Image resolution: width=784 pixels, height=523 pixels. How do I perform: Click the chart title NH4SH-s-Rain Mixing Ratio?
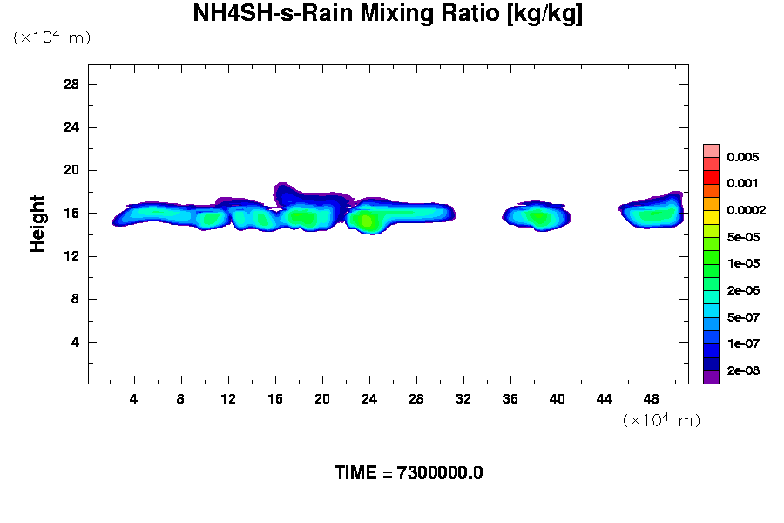pos(388,14)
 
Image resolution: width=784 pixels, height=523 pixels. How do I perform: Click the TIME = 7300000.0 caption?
pos(409,473)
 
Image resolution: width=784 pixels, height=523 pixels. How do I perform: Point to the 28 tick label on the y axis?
pos(71,85)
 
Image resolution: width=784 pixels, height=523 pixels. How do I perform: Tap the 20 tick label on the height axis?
pos(71,170)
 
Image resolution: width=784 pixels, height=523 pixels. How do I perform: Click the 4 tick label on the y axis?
pos(75,342)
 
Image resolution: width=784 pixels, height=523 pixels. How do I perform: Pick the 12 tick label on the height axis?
pos(71,256)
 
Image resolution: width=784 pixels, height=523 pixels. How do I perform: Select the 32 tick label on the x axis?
pos(463,399)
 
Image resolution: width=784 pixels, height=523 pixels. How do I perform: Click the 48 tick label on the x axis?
pos(652,399)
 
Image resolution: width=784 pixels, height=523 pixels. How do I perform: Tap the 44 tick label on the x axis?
pos(605,399)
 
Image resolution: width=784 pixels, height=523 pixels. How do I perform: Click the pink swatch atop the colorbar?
pos(711,150)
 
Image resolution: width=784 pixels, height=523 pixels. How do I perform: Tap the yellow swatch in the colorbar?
pos(711,217)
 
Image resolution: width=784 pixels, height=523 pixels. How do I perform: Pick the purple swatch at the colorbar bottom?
pos(711,377)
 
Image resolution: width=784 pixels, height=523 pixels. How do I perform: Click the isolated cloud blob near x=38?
pos(537,217)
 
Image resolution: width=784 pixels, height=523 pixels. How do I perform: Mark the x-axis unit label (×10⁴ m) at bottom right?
pos(661,421)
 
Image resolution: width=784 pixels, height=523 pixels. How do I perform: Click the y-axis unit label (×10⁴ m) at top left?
pos(51,37)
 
